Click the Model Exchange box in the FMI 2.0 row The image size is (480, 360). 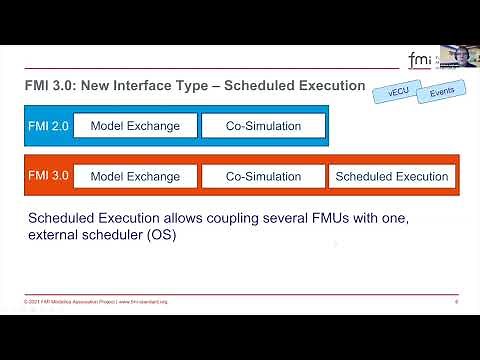(x=135, y=125)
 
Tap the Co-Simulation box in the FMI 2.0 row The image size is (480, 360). (x=263, y=125)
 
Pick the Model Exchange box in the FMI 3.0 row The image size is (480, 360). (x=135, y=176)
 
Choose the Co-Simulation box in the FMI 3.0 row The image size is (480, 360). (x=263, y=176)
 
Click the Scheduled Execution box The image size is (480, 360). (x=392, y=176)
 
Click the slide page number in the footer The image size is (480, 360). (x=456, y=300)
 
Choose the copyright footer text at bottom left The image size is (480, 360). (x=95, y=300)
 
